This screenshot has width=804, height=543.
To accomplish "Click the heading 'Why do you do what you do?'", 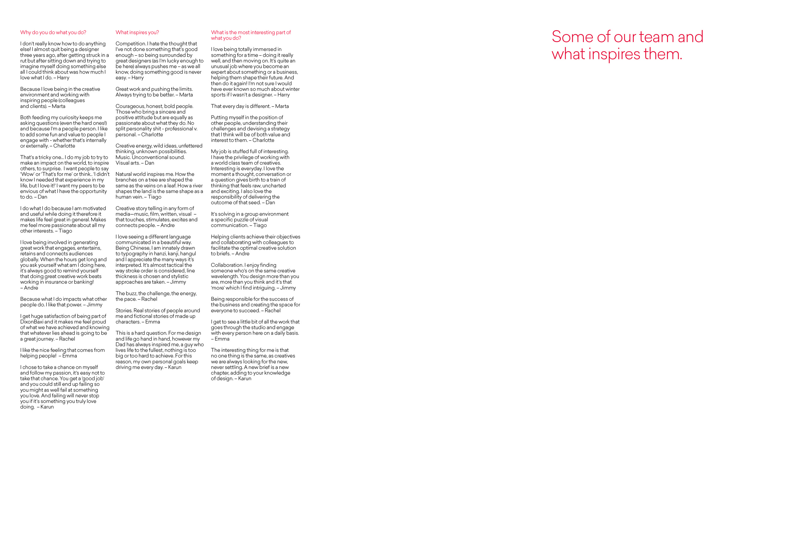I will click(x=53, y=33).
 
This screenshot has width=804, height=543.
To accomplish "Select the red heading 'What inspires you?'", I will click(x=137, y=33).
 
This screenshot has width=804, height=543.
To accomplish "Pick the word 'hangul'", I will click(x=188, y=254).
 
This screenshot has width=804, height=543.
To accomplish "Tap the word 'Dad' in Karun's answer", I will click(x=120, y=345).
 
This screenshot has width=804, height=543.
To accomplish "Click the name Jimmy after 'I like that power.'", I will click(x=95, y=305).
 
